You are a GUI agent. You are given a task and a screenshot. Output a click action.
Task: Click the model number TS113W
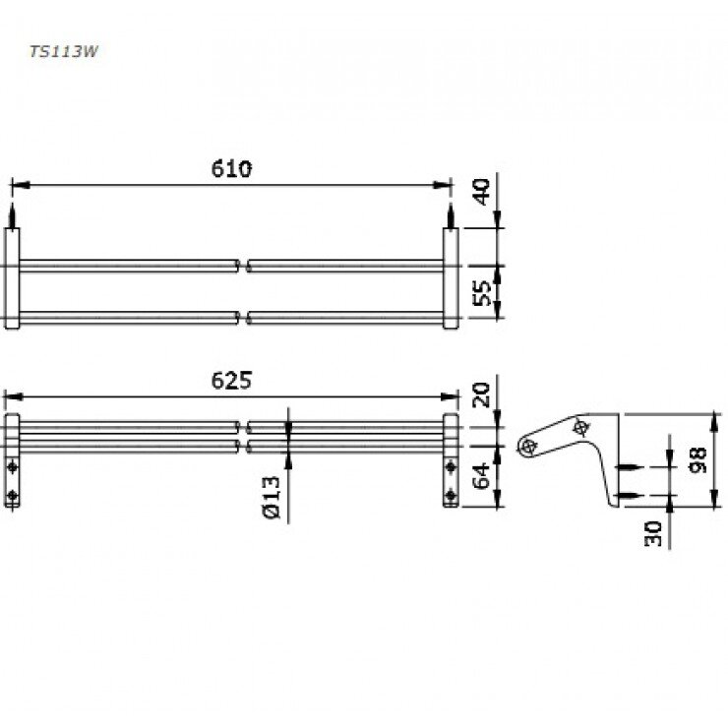(x=62, y=54)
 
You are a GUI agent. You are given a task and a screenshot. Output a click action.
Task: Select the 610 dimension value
(x=231, y=168)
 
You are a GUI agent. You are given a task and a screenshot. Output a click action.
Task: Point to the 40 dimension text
(x=483, y=191)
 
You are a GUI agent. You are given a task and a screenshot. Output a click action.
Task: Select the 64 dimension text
(x=483, y=477)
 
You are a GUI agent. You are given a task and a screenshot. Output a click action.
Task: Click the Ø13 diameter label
(x=273, y=498)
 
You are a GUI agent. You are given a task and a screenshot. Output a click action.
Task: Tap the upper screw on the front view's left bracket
(x=12, y=465)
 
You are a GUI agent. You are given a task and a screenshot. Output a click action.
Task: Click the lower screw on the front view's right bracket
(x=451, y=495)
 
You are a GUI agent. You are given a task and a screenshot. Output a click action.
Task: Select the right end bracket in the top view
(x=451, y=278)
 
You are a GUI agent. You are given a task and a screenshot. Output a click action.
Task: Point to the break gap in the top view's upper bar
(x=243, y=265)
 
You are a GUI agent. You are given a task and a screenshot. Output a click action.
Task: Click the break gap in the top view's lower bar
(x=243, y=317)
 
